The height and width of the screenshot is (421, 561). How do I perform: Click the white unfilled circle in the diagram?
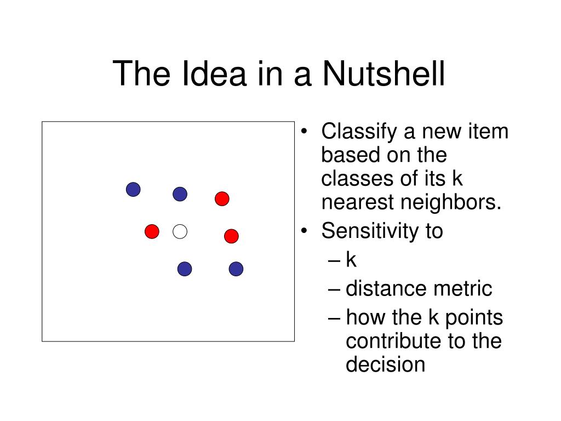[x=180, y=232]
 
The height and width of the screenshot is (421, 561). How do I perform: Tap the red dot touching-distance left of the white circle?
[x=152, y=232]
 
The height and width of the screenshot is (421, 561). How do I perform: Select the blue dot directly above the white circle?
[x=180, y=194]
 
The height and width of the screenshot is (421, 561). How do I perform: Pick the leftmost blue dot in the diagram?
[x=133, y=190]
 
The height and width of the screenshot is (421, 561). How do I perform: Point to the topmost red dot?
[x=221, y=198]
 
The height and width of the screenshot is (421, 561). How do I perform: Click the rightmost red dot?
[x=231, y=236]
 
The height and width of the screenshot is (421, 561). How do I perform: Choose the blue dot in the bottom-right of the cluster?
[x=236, y=269]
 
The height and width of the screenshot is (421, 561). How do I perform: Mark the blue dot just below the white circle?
[x=185, y=269]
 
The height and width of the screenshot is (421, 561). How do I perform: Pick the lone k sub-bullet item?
[x=351, y=259]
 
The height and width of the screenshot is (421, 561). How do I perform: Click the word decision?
[x=385, y=365]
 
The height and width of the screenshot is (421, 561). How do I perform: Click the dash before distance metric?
[x=336, y=289]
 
